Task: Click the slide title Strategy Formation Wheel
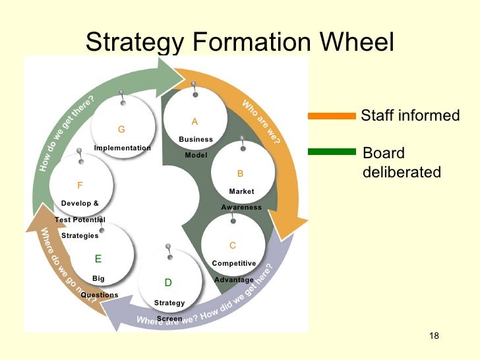pos(240,43)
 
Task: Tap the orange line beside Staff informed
pos(332,116)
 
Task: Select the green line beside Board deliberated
pos(332,152)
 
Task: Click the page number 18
pos(433,337)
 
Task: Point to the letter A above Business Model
pos(195,122)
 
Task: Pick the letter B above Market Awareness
pos(241,174)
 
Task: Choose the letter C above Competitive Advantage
pos(233,246)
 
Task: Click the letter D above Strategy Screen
pos(168,283)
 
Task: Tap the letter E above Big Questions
pos(98,259)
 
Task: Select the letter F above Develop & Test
pos(80,186)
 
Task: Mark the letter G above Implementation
pos(121,129)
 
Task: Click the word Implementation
pos(123,148)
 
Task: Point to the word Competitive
pos(234,264)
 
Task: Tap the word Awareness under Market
pos(241,208)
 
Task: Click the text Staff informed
pos(410,116)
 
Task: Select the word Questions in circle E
pos(100,295)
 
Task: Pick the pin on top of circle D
pos(169,250)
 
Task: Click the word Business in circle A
pos(196,140)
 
